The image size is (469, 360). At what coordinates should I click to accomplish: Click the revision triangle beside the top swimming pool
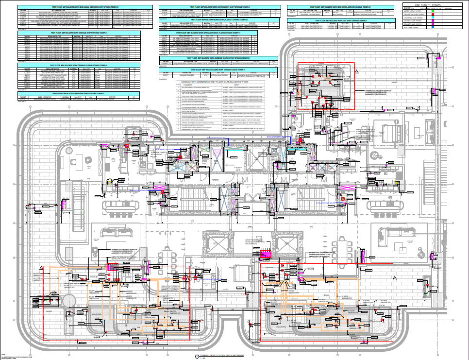[x=356, y=71]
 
